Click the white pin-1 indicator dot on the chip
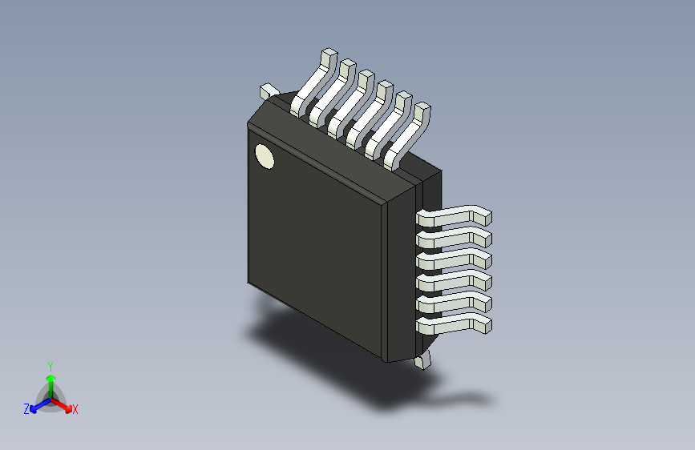264,157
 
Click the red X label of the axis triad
75,410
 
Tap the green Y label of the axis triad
50,364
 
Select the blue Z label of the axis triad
26,409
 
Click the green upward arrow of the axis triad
51,380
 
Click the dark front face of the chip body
321,240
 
